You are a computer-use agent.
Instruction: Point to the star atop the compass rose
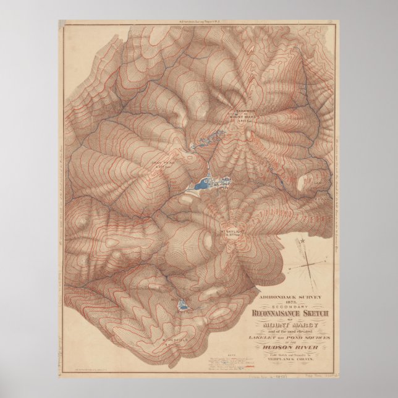point(303,242)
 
